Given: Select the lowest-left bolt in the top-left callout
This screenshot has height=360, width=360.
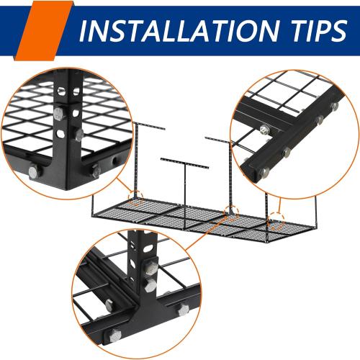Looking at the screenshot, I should coord(32,171).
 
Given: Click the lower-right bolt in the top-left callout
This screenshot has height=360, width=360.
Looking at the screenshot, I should coord(96,171).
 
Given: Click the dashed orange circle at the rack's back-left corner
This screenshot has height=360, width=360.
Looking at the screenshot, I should coord(132,197).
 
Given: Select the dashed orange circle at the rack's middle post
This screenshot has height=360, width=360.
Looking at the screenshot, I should coord(230,212).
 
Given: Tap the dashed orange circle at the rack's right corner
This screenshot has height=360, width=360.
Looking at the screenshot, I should coord(276,217).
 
